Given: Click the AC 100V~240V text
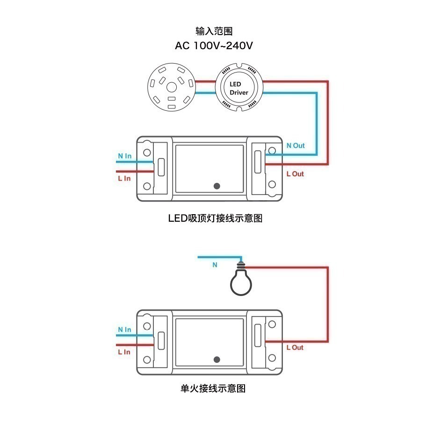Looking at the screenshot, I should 214,46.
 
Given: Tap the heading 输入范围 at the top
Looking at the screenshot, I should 214,31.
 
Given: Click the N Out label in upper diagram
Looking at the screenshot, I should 295,145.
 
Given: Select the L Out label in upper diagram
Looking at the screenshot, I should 295,174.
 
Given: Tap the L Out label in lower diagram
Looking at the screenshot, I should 295,347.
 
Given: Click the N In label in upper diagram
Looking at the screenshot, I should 124,156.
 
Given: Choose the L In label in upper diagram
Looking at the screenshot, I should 124,179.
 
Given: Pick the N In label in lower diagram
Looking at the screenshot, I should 124,330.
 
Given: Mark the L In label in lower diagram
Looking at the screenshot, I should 124,352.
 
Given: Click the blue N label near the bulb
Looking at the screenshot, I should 215,265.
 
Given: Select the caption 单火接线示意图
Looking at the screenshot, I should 212,388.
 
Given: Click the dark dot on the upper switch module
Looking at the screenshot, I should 217,186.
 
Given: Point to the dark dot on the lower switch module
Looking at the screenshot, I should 217,359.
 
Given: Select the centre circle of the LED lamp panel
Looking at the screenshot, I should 171,87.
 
